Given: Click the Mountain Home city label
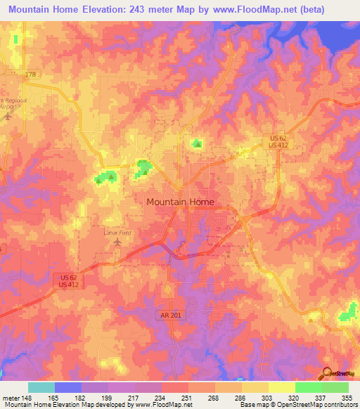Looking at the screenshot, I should point(180,202).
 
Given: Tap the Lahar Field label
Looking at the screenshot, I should point(117,232).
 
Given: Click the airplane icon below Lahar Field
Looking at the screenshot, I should point(117,243).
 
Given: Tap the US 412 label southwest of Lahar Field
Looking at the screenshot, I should point(68,284).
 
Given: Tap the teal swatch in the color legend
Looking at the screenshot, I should point(41,387).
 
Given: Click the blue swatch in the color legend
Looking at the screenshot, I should point(68,387).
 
